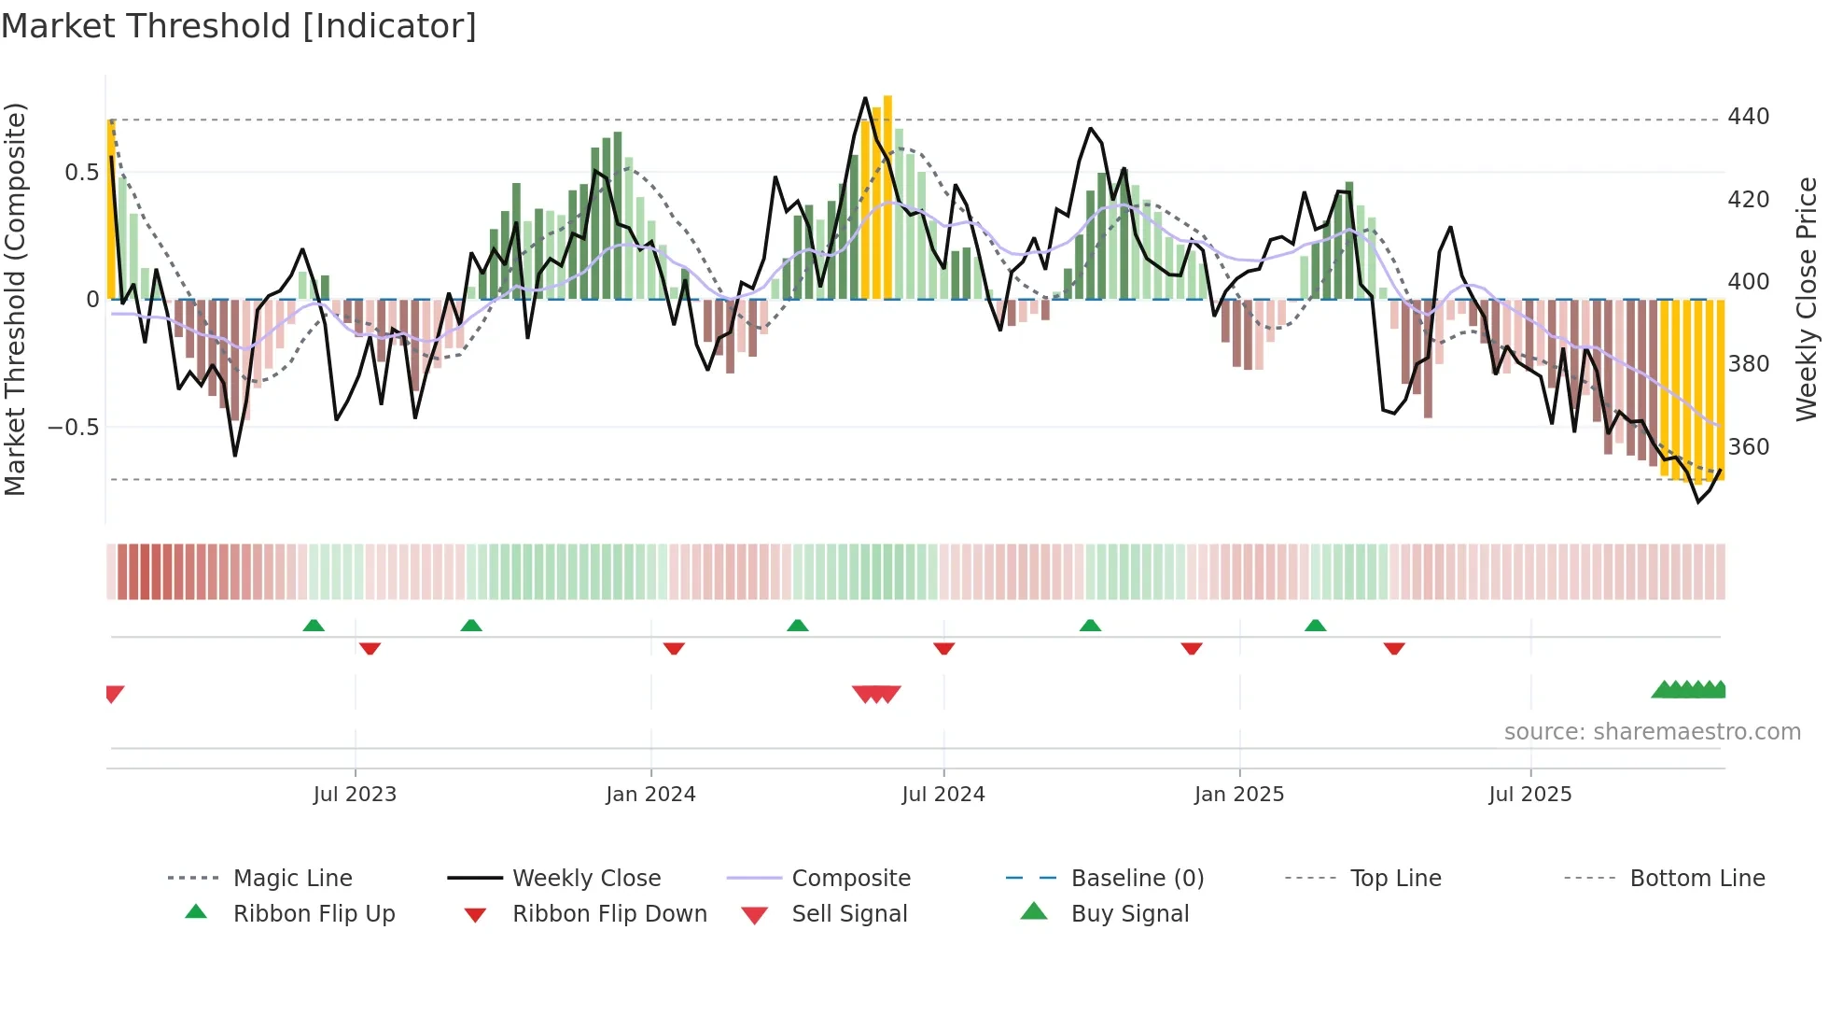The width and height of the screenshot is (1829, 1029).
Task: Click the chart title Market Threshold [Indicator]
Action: (x=239, y=26)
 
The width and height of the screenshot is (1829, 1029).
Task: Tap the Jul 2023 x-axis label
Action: (x=355, y=795)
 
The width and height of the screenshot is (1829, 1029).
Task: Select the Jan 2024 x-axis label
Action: (x=650, y=795)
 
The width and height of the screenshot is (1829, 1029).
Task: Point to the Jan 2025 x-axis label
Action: (x=1239, y=795)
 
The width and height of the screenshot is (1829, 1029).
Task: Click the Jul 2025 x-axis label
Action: (x=1530, y=795)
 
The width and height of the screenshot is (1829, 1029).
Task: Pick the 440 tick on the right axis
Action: (x=1748, y=117)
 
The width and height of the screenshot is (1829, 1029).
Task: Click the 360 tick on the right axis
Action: (x=1748, y=447)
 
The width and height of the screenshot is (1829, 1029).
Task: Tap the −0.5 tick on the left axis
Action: (x=73, y=428)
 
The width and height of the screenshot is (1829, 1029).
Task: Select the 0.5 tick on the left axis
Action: (x=81, y=173)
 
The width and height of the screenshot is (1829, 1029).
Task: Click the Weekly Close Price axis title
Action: (x=1807, y=299)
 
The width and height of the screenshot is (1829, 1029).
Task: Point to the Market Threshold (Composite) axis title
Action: (x=15, y=299)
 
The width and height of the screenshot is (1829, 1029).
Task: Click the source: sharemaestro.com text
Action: (x=1652, y=732)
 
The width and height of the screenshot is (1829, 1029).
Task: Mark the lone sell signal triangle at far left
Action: (x=114, y=693)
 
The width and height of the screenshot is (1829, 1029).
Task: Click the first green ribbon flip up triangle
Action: (x=314, y=626)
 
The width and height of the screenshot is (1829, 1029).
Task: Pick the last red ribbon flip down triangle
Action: (x=1394, y=648)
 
